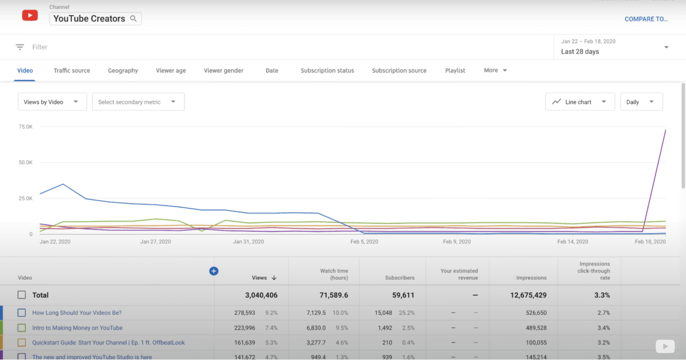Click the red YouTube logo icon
click(30, 16)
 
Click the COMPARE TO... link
click(646, 19)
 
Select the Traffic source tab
click(72, 71)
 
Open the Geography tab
click(123, 71)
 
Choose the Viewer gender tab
click(223, 71)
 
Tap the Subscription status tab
click(327, 71)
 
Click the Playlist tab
click(455, 71)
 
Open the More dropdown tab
click(495, 71)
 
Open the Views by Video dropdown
click(52, 102)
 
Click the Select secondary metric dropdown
click(138, 102)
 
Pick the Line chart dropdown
click(580, 102)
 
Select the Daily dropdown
click(641, 102)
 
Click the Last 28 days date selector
click(614, 47)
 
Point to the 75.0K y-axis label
click(25, 127)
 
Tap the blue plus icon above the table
click(214, 271)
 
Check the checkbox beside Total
click(22, 295)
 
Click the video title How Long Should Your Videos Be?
click(77, 312)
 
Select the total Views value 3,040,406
click(261, 295)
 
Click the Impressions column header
click(531, 278)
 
